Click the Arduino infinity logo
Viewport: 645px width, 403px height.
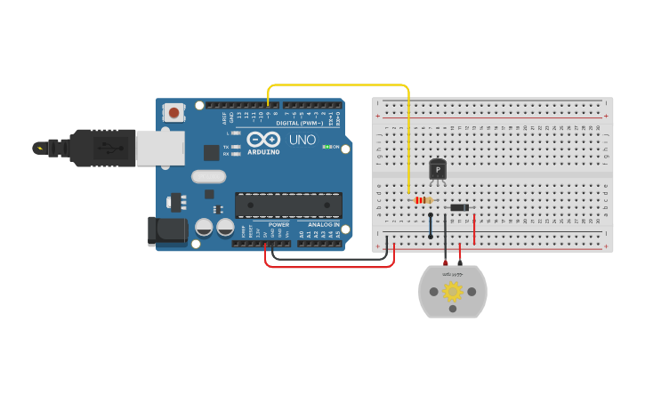[x=264, y=140]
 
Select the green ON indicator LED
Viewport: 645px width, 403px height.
[x=327, y=147]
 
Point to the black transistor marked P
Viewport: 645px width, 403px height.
[x=437, y=169]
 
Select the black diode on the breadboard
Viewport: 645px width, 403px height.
[x=459, y=207]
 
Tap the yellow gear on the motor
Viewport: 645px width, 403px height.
[x=453, y=291]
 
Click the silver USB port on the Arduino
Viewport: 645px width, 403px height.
[x=160, y=148]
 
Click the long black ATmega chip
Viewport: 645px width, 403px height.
[x=288, y=205]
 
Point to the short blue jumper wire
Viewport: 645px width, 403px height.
[x=431, y=225]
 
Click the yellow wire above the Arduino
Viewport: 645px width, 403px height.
[x=338, y=85]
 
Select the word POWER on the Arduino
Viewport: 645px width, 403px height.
[x=278, y=224]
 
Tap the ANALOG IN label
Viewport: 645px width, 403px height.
[x=323, y=224]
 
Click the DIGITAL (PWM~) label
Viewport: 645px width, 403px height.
[x=300, y=123]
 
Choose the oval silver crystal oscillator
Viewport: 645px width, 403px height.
[x=209, y=176]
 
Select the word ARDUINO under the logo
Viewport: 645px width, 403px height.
[x=264, y=152]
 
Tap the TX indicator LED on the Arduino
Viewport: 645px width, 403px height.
[x=235, y=147]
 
